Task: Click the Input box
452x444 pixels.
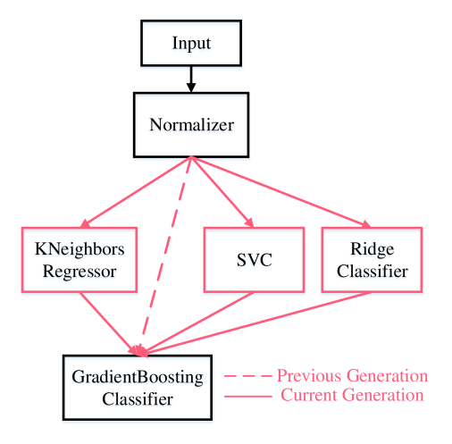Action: [x=191, y=43]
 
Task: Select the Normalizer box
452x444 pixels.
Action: [x=191, y=124]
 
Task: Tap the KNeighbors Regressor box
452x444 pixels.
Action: [x=80, y=260]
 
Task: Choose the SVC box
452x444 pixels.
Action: [x=254, y=260]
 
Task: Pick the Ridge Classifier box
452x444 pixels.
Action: [x=372, y=260]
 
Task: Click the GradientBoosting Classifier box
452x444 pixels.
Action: [x=138, y=388]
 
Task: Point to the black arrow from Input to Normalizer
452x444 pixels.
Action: [x=191, y=80]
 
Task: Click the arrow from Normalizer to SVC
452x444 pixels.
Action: [x=222, y=192]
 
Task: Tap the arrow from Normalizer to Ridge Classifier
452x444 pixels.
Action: [x=280, y=192]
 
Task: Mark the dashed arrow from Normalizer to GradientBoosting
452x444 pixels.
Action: [x=165, y=255]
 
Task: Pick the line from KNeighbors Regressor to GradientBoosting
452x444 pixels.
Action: [x=108, y=323]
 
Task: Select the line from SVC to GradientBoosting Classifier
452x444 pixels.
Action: [x=198, y=323]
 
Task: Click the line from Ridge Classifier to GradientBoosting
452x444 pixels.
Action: [x=257, y=323]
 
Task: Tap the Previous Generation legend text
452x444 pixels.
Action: [x=352, y=375]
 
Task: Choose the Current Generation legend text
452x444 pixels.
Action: [x=352, y=395]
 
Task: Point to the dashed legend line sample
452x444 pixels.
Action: [x=248, y=376]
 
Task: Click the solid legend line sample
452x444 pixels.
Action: [x=248, y=397]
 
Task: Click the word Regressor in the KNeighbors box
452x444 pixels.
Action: [x=80, y=272]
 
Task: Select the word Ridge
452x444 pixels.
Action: [x=372, y=249]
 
